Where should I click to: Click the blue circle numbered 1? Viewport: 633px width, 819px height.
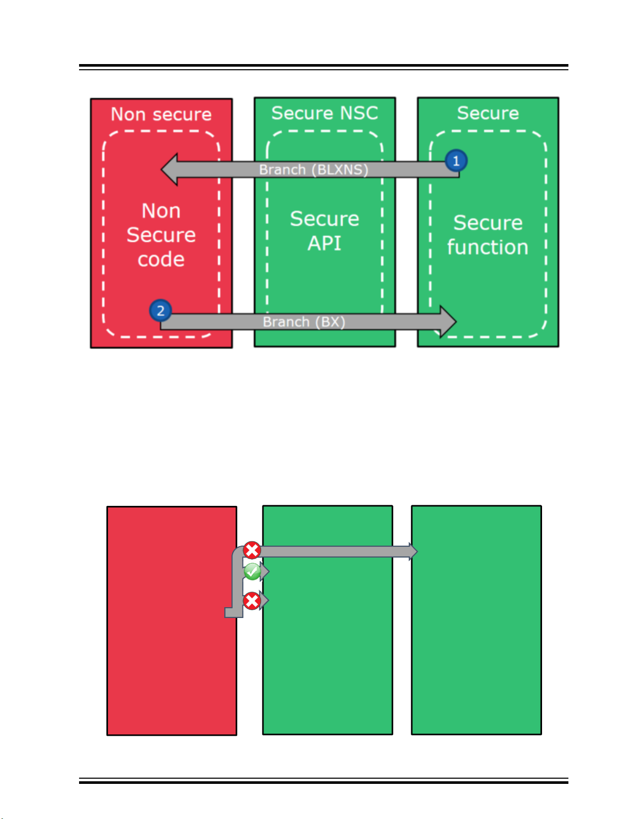pyautogui.click(x=456, y=161)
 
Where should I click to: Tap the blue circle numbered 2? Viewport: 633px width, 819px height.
pyautogui.click(x=160, y=311)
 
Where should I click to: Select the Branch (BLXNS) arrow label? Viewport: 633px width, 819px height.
pyautogui.click(x=313, y=169)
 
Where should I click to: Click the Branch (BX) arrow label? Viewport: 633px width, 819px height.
pyautogui.click(x=303, y=322)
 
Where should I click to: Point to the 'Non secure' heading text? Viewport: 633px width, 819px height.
pyautogui.click(x=161, y=114)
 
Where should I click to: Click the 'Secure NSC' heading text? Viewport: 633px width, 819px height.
pyautogui.click(x=325, y=113)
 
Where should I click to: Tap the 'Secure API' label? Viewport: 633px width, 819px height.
pyautogui.click(x=325, y=230)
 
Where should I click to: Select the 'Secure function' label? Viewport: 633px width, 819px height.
pyautogui.click(x=487, y=235)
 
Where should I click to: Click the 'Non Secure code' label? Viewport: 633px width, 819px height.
pyautogui.click(x=161, y=235)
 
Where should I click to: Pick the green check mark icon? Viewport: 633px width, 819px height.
pyautogui.click(x=252, y=572)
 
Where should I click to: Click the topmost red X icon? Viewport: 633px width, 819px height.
pyautogui.click(x=252, y=550)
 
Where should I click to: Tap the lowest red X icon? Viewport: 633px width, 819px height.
pyautogui.click(x=252, y=601)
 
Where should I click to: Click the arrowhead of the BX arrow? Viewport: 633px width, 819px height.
pyautogui.click(x=447, y=321)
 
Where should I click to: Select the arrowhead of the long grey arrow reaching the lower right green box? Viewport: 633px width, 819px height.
pyautogui.click(x=413, y=551)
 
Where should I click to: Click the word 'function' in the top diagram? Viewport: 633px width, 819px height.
pyautogui.click(x=487, y=247)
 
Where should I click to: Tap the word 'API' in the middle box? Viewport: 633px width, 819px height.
pyautogui.click(x=325, y=243)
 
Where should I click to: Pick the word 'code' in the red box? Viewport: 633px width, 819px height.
pyautogui.click(x=161, y=259)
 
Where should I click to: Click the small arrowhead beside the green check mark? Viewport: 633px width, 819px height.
pyautogui.click(x=265, y=572)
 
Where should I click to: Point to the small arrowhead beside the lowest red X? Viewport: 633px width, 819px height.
pyautogui.click(x=265, y=601)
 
